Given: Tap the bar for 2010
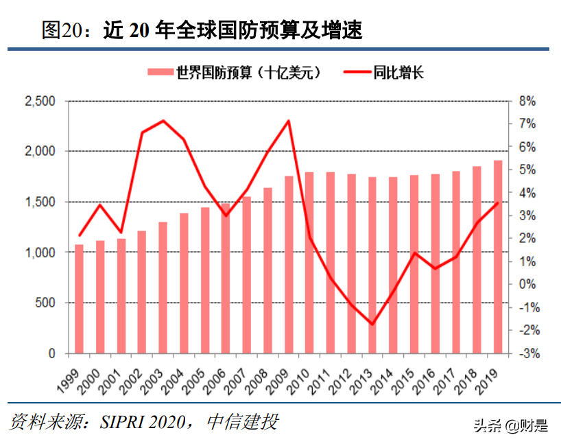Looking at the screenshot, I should (309, 263).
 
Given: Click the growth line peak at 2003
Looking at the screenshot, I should (163, 121).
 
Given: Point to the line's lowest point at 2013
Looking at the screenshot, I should (372, 324).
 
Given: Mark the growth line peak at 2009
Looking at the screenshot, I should (288, 121).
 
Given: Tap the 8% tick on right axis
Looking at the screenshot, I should (526, 101).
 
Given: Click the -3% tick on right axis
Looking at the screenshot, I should (526, 354).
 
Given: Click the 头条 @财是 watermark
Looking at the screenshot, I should (511, 425).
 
